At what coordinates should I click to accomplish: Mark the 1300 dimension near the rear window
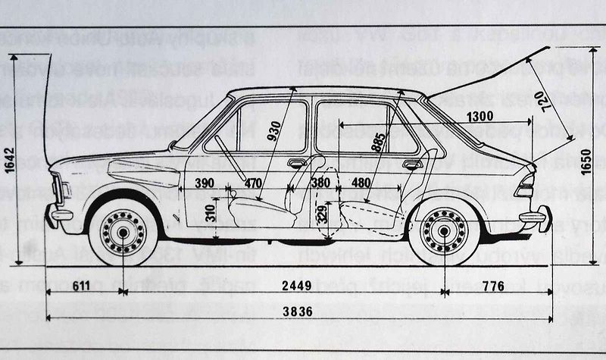click(x=480, y=117)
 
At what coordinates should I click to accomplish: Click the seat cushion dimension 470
click(x=253, y=183)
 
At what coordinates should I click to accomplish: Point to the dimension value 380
click(x=320, y=183)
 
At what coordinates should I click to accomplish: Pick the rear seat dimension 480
click(x=361, y=183)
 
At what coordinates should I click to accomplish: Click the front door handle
click(x=297, y=162)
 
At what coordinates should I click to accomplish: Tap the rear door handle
click(x=412, y=163)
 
